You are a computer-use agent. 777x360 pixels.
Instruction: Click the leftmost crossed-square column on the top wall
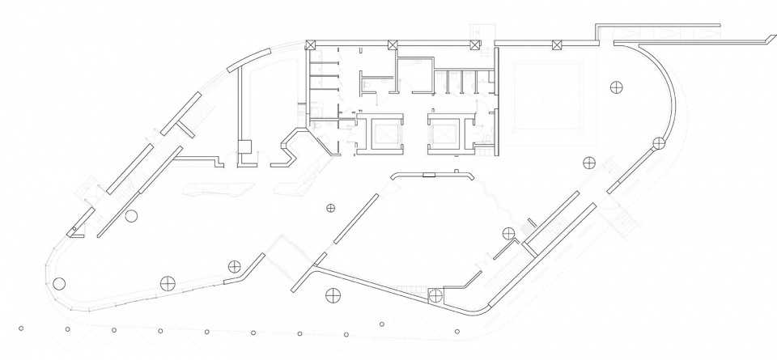[x=311, y=44]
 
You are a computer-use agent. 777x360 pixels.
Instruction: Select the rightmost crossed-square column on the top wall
[x=557, y=44]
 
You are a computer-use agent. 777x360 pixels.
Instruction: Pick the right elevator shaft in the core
[x=444, y=131]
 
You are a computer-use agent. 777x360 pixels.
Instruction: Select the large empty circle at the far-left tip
[x=58, y=284]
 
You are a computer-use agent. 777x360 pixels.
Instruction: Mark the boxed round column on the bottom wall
[x=435, y=294]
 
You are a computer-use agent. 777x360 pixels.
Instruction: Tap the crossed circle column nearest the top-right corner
[x=617, y=86]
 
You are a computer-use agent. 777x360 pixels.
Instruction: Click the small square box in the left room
[x=244, y=145]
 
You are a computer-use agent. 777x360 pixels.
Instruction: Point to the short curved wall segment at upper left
[x=240, y=59]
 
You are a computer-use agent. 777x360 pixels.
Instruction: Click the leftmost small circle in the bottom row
[x=21, y=328]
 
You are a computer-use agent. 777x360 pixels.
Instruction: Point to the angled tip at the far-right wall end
[x=766, y=38]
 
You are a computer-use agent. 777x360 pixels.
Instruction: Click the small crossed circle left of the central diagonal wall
[x=330, y=209]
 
